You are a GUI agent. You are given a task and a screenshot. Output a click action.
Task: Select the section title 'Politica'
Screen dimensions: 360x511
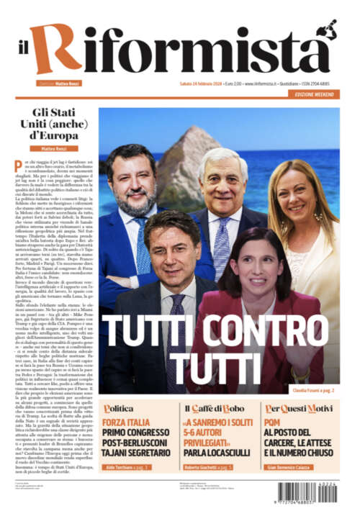point(120,408)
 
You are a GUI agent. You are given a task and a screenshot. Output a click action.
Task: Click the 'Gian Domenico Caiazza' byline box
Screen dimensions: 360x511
point(305,466)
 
